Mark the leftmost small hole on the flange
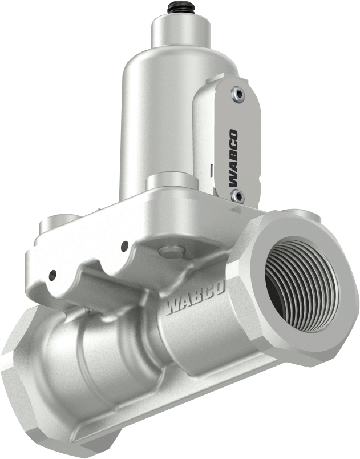click(52, 275)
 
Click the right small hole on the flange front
click(124, 246)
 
